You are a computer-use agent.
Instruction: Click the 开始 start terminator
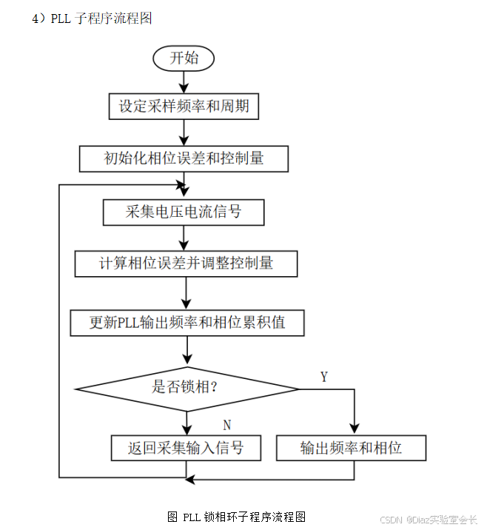[184, 58]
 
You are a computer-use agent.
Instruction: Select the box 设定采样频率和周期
[184, 107]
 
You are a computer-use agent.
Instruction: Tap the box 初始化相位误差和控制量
[184, 158]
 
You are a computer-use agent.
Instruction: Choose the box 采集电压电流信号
[184, 212]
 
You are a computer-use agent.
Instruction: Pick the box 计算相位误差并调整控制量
[186, 263]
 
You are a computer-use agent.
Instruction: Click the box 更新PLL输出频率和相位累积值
[187, 323]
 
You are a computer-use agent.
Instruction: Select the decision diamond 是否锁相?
[186, 387]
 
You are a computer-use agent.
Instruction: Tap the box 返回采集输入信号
[186, 447]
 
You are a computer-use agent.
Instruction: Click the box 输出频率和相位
[351, 447]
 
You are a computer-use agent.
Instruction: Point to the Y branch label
[323, 377]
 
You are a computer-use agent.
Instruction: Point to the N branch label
[227, 425]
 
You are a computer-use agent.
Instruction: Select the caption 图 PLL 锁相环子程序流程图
[237, 516]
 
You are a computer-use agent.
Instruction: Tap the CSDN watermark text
[428, 520]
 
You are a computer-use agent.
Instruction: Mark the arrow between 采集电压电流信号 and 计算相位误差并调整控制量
[184, 238]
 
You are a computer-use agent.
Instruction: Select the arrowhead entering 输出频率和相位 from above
[354, 428]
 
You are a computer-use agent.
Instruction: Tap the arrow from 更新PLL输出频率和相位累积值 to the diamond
[186, 354]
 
